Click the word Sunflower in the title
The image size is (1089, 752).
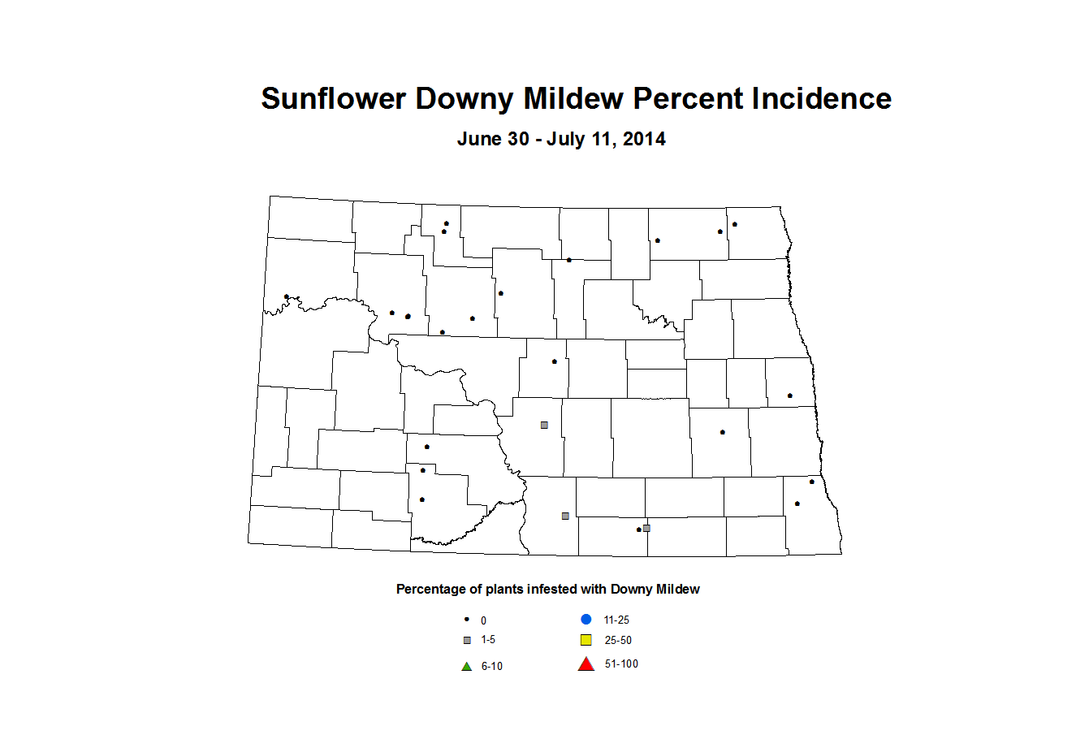pyautogui.click(x=333, y=99)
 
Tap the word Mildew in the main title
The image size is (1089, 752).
pyautogui.click(x=574, y=99)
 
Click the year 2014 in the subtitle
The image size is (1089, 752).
pyautogui.click(x=644, y=139)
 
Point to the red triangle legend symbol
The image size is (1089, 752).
pyautogui.click(x=586, y=664)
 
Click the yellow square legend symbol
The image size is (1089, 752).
pyautogui.click(x=586, y=640)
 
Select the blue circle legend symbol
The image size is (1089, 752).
pyautogui.click(x=586, y=620)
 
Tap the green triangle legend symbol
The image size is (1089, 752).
pyautogui.click(x=467, y=667)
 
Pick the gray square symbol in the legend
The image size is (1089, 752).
pyautogui.click(x=467, y=640)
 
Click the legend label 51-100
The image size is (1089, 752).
pyautogui.click(x=621, y=664)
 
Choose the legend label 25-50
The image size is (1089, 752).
pyautogui.click(x=618, y=640)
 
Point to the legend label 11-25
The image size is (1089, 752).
pyautogui.click(x=616, y=620)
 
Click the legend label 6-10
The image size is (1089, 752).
pyautogui.click(x=492, y=667)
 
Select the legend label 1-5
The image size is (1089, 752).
pyautogui.click(x=488, y=640)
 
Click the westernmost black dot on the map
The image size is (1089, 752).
pyautogui.click(x=287, y=296)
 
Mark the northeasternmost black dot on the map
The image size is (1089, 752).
pyautogui.click(x=735, y=224)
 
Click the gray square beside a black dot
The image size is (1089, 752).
pyautogui.click(x=646, y=528)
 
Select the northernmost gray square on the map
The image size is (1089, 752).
pyautogui.click(x=544, y=425)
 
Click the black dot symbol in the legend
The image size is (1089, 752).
pyautogui.click(x=467, y=619)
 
